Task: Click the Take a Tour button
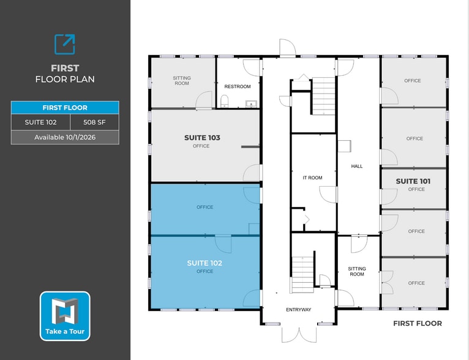pos(65,316)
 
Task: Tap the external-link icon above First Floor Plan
pos(65,44)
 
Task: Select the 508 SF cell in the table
pos(94,122)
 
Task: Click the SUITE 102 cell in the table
pos(40,122)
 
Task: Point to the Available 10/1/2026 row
pos(65,137)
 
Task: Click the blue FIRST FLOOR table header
pos(65,108)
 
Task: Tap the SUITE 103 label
pos(202,138)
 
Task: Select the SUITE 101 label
pos(413,181)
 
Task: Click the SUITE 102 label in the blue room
pos(204,263)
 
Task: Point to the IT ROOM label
pos(312,178)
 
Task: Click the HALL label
pos(357,166)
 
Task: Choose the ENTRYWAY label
pos(299,310)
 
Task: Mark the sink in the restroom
pos(249,103)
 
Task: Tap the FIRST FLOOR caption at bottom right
pos(417,323)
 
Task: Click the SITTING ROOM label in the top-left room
pos(182,80)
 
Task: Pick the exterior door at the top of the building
pos(288,48)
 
